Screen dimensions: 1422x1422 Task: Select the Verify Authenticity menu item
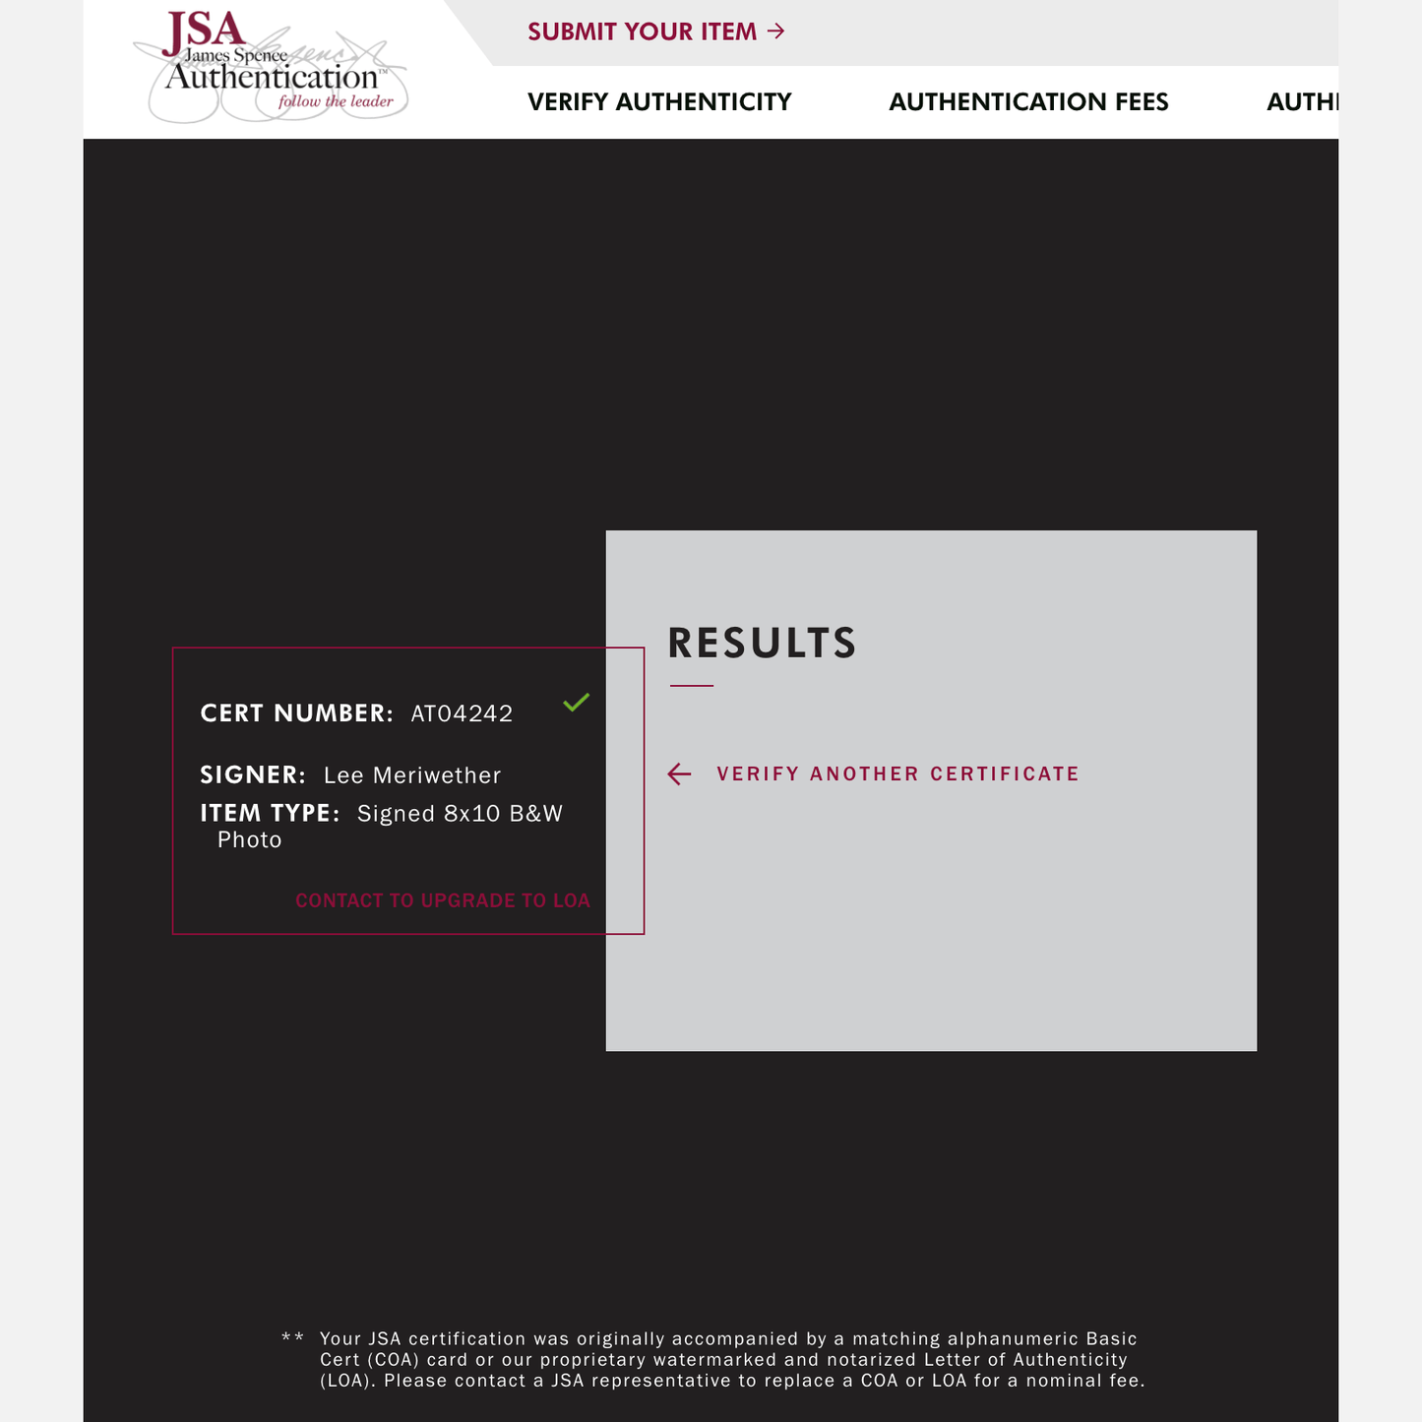tap(659, 102)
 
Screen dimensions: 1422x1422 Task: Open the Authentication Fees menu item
tap(1028, 102)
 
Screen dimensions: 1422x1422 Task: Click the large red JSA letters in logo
tap(204, 31)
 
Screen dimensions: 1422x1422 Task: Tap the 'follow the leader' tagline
tap(336, 101)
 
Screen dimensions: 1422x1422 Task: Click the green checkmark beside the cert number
tap(577, 702)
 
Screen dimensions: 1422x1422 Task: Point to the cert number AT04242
tap(462, 713)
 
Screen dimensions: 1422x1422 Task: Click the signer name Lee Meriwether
tap(412, 775)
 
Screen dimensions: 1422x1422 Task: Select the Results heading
tap(762, 644)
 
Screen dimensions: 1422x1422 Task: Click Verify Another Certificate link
tap(897, 774)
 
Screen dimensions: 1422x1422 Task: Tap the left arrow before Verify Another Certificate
tap(679, 774)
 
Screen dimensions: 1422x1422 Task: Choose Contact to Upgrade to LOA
tap(443, 900)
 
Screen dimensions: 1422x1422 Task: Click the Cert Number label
tap(296, 713)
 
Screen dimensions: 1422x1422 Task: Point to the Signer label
tap(253, 775)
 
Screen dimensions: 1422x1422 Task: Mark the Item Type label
tap(270, 814)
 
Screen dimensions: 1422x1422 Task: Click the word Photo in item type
tap(250, 840)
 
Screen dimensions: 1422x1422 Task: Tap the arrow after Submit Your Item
tap(776, 31)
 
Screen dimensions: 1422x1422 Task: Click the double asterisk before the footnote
tap(292, 1338)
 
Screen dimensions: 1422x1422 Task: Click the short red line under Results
tap(692, 685)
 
